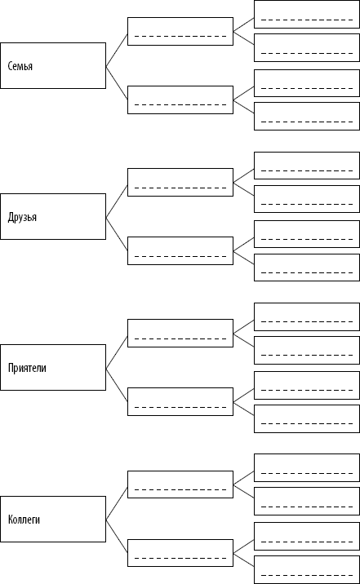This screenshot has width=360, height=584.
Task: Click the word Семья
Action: [20, 66]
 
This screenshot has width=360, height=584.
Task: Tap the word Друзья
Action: [22, 217]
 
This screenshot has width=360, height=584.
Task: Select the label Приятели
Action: [27, 368]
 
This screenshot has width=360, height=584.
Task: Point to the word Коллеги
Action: [24, 520]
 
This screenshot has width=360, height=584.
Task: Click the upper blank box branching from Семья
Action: [180, 31]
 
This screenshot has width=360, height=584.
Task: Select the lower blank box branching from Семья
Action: [180, 100]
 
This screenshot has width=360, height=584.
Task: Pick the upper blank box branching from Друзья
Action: [180, 182]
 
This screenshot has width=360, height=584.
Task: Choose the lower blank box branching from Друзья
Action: [180, 250]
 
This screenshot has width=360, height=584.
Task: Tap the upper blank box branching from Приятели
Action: [180, 333]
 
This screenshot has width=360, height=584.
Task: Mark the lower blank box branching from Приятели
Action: [180, 401]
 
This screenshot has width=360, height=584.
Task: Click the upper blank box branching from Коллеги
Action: [180, 484]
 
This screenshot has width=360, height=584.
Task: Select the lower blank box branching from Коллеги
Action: [180, 553]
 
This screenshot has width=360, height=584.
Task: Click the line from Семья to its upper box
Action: [117, 51]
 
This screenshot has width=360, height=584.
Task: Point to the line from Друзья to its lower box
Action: [117, 234]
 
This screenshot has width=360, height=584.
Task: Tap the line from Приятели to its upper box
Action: [117, 352]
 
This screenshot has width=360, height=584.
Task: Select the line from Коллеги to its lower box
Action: [117, 537]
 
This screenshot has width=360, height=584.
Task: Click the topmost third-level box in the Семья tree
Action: [307, 14]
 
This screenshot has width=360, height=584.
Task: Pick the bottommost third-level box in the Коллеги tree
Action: [307, 569]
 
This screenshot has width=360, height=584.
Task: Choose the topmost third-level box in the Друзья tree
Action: [307, 166]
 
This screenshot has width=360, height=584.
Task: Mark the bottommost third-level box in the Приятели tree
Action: [307, 418]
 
